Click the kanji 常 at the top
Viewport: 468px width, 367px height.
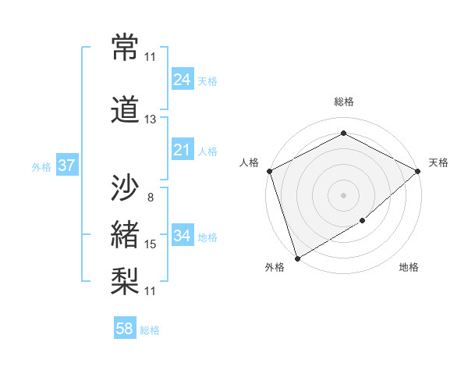click(125, 48)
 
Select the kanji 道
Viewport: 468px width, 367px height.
click(125, 110)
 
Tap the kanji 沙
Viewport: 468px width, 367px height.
click(125, 188)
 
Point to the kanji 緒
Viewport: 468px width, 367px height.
click(125, 234)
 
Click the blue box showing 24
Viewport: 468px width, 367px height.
click(182, 80)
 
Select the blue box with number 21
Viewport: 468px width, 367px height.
click(182, 150)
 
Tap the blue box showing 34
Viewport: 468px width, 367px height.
click(182, 236)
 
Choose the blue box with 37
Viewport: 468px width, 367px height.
click(66, 166)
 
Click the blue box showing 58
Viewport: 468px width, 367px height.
click(125, 329)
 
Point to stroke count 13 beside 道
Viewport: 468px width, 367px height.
click(151, 119)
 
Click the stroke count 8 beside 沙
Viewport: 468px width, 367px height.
click(151, 198)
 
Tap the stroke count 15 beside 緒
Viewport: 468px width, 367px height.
click(151, 244)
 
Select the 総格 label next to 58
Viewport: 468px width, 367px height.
click(150, 330)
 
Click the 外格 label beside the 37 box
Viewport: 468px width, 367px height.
click(41, 166)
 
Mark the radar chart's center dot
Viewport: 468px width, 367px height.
click(343, 194)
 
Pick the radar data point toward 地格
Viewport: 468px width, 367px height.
click(363, 222)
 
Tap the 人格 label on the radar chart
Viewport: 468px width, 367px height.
click(250, 162)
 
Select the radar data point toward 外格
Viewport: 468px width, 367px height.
click(297, 258)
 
